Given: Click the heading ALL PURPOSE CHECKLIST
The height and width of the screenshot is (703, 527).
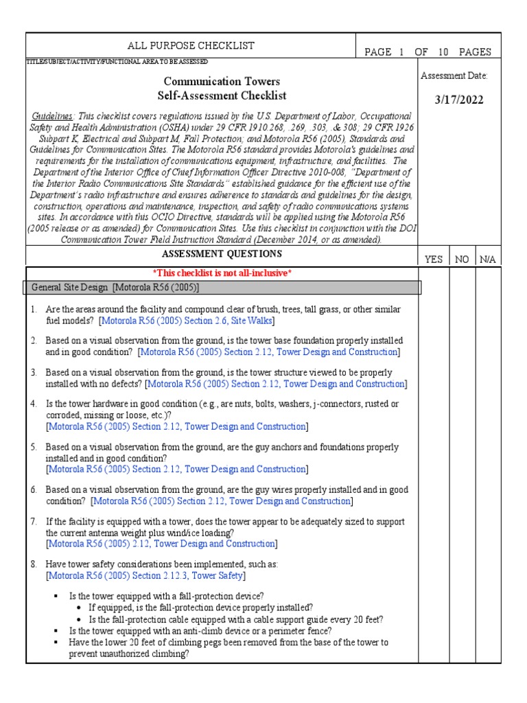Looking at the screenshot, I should (x=191, y=46).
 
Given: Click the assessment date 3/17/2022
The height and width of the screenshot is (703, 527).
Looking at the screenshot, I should (x=459, y=100).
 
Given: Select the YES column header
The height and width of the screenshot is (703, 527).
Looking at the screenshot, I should (x=434, y=260).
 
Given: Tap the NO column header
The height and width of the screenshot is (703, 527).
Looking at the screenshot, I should (x=462, y=260).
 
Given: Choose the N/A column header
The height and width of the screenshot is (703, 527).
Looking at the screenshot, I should (x=487, y=260).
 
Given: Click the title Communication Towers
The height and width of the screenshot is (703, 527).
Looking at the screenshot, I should (x=221, y=81).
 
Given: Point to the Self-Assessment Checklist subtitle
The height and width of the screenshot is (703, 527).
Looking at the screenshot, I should (x=221, y=95).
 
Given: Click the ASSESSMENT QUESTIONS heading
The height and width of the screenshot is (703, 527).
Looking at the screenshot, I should (x=223, y=255).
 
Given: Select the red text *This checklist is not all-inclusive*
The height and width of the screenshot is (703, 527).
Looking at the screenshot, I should (x=222, y=273).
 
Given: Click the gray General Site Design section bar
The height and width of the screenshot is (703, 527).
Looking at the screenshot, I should (x=223, y=287).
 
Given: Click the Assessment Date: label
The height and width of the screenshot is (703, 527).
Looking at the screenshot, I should (x=454, y=76).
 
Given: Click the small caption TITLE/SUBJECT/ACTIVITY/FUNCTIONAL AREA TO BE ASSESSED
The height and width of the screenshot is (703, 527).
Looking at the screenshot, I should (x=112, y=61).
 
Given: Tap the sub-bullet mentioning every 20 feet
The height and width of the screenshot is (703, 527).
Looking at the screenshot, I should (x=235, y=619).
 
